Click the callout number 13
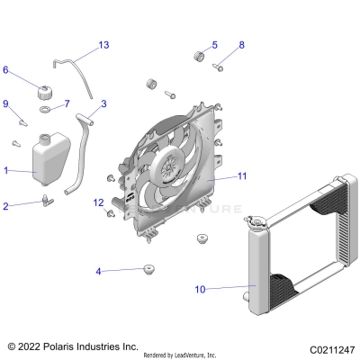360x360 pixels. coord(103,45)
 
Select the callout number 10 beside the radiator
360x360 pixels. coord(199,290)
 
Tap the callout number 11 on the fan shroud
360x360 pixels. coord(241,175)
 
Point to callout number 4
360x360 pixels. coord(99,270)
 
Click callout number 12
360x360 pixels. coord(98,202)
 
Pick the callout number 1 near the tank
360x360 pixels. coord(6,169)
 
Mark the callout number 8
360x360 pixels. coord(240,45)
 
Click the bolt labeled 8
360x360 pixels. coord(219,65)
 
